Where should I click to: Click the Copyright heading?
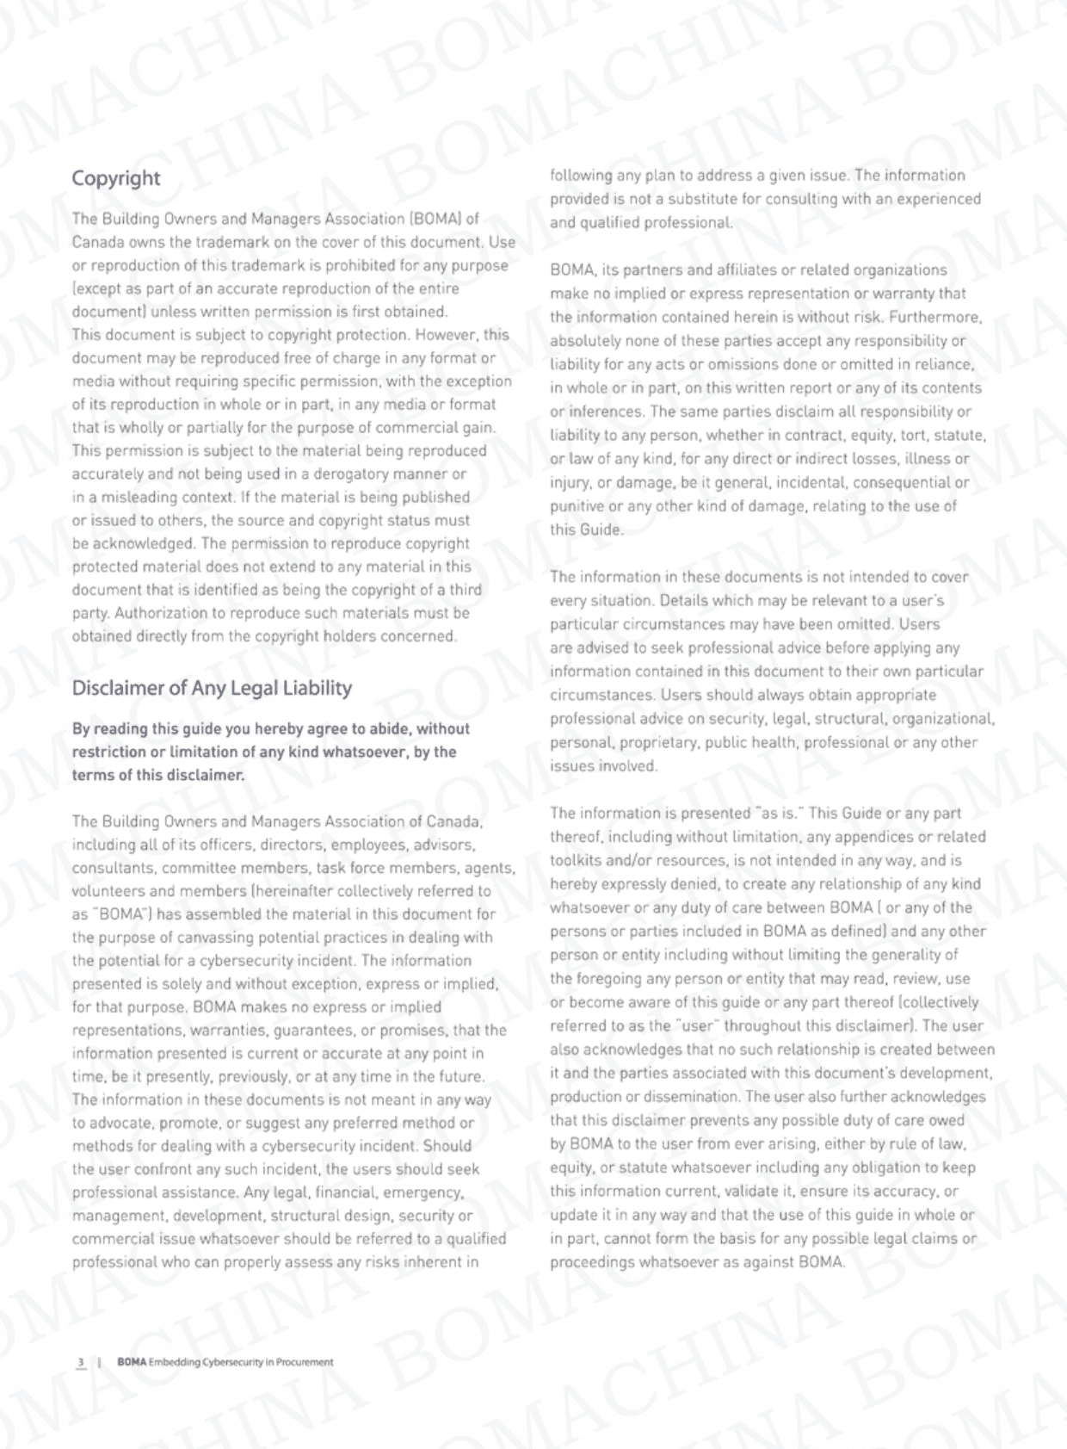click(115, 178)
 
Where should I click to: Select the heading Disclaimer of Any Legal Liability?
click(212, 688)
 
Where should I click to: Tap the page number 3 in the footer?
click(81, 1362)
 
